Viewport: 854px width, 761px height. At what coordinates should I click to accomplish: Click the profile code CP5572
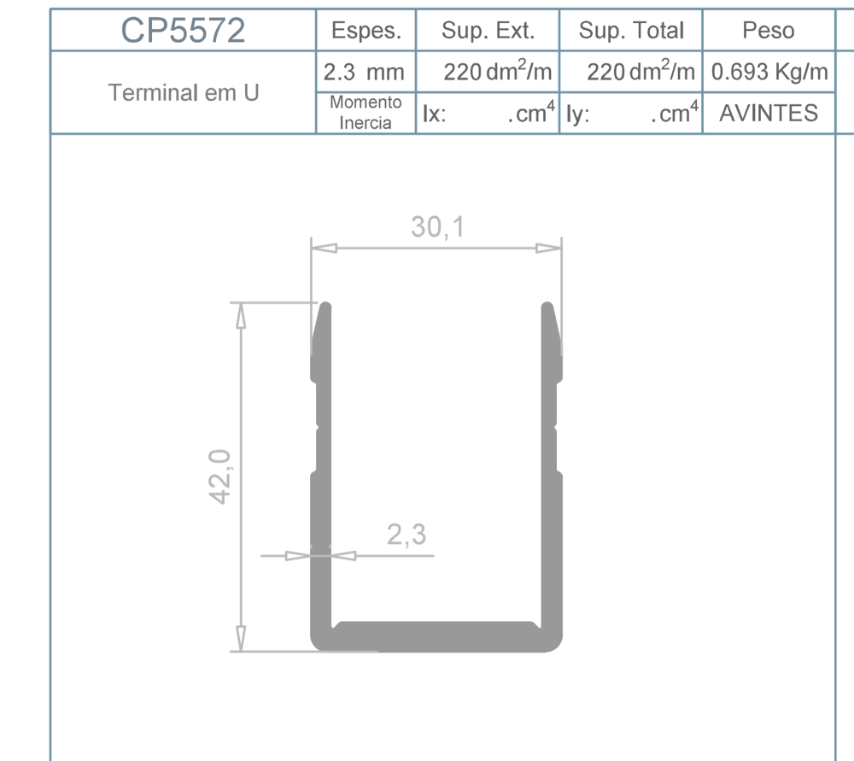click(x=183, y=31)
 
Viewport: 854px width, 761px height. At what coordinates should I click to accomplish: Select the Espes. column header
click(x=366, y=31)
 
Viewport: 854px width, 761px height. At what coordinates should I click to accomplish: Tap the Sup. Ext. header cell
click(x=488, y=31)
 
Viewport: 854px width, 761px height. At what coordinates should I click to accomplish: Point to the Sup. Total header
click(x=631, y=31)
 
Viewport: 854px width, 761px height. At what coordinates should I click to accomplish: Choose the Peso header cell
click(x=769, y=31)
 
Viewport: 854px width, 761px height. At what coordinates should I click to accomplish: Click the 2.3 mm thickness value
click(x=364, y=72)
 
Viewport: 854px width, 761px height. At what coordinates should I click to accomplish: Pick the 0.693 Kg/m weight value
click(x=769, y=72)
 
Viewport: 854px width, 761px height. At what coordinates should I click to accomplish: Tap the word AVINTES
click(x=769, y=114)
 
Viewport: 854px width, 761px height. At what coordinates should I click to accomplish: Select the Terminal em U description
click(x=184, y=92)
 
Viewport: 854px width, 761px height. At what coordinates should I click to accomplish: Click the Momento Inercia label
click(x=366, y=113)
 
